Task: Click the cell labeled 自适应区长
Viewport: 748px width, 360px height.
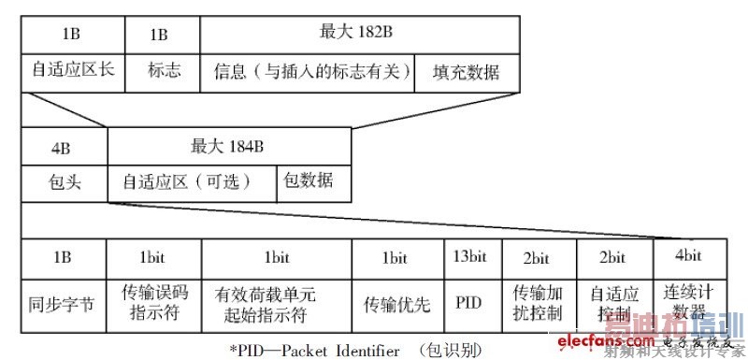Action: [73, 71]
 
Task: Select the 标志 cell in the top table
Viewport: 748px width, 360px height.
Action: [165, 71]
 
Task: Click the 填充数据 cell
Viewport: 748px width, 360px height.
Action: [466, 72]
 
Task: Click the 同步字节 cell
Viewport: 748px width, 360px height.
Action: [64, 303]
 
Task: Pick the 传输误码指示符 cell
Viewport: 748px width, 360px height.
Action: [154, 302]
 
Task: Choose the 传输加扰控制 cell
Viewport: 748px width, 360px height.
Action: [539, 302]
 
